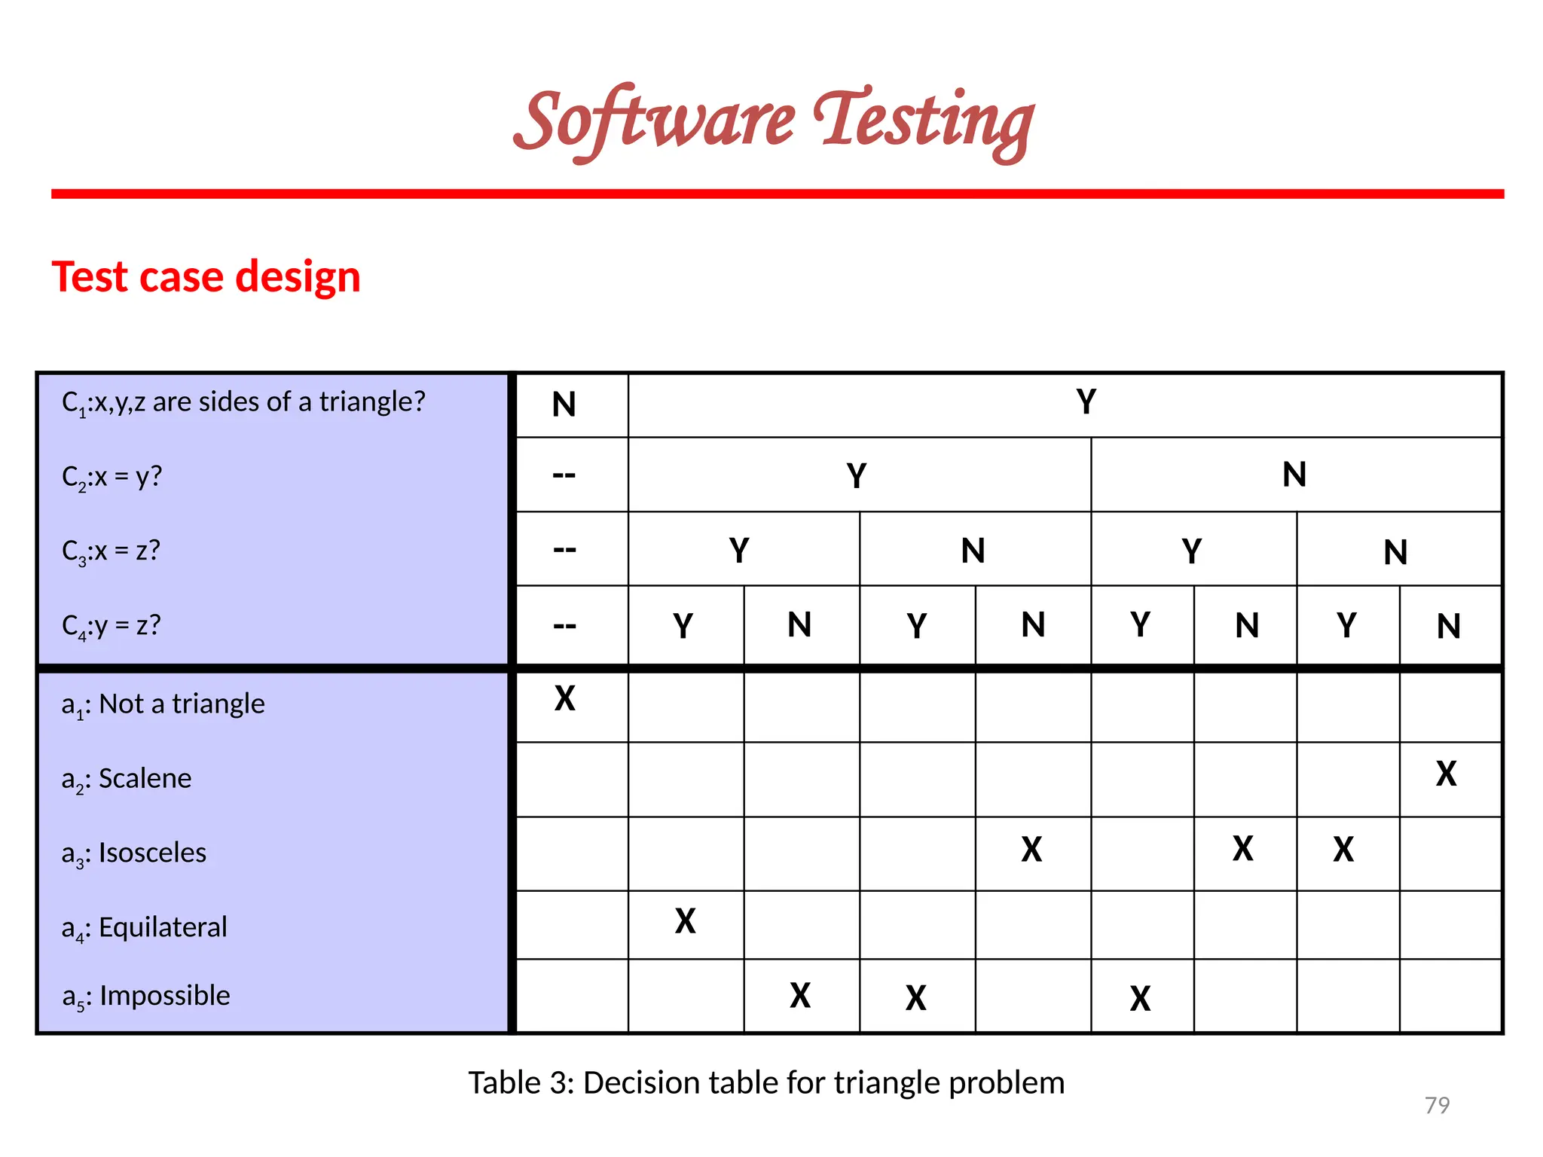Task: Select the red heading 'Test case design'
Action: [x=206, y=276]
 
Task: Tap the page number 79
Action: [x=1437, y=1105]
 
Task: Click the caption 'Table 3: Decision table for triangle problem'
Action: [x=766, y=1082]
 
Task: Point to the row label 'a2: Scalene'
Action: [x=127, y=779]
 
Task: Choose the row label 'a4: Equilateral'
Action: [x=144, y=928]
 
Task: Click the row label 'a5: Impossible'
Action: [x=146, y=997]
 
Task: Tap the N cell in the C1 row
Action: [x=564, y=404]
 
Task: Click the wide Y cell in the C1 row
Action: [x=1086, y=402]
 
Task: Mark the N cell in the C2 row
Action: [x=1294, y=475]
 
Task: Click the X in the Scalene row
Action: [x=1446, y=774]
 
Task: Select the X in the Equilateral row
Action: [x=685, y=921]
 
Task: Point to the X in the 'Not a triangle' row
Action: [x=564, y=698]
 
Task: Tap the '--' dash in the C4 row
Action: [x=564, y=625]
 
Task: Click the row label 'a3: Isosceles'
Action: [x=134, y=853]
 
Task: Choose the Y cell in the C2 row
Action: [x=857, y=476]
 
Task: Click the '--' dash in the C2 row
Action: [x=564, y=475]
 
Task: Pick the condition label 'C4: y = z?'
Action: [x=112, y=626]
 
